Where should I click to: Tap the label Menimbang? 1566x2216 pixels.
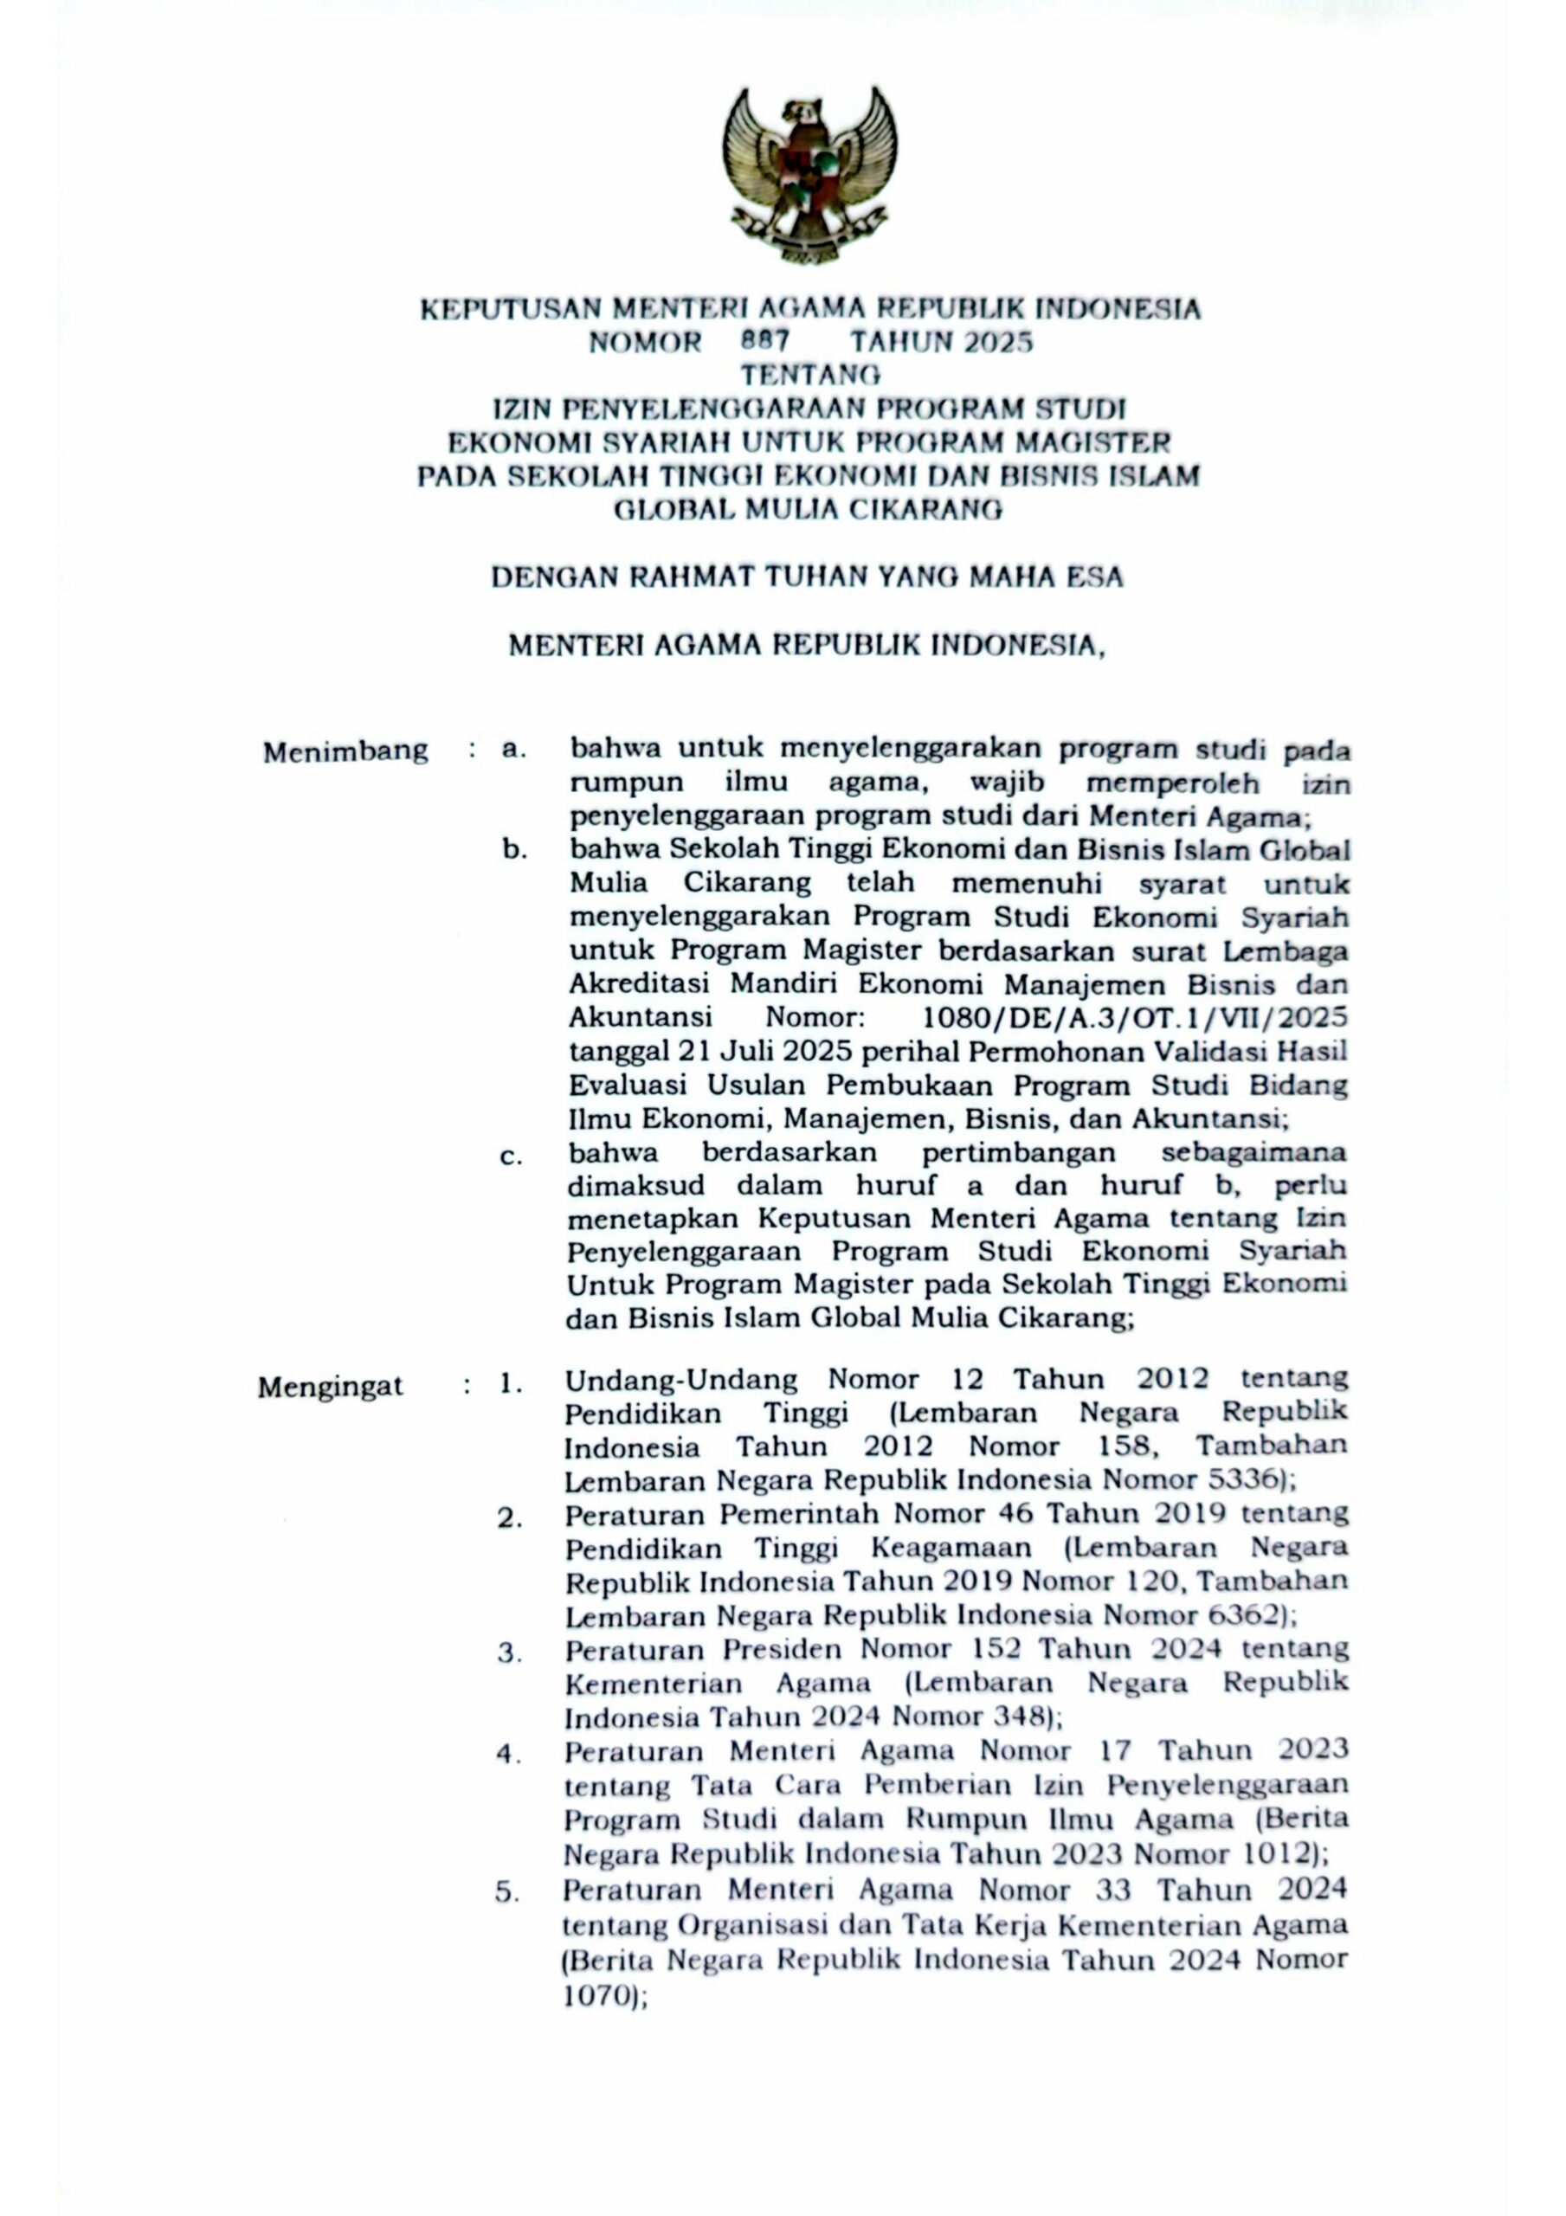345,752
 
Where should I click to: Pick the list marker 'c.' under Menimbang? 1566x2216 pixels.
512,1156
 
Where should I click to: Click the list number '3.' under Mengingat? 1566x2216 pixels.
509,1652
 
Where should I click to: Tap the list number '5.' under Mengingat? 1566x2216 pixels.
508,1891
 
